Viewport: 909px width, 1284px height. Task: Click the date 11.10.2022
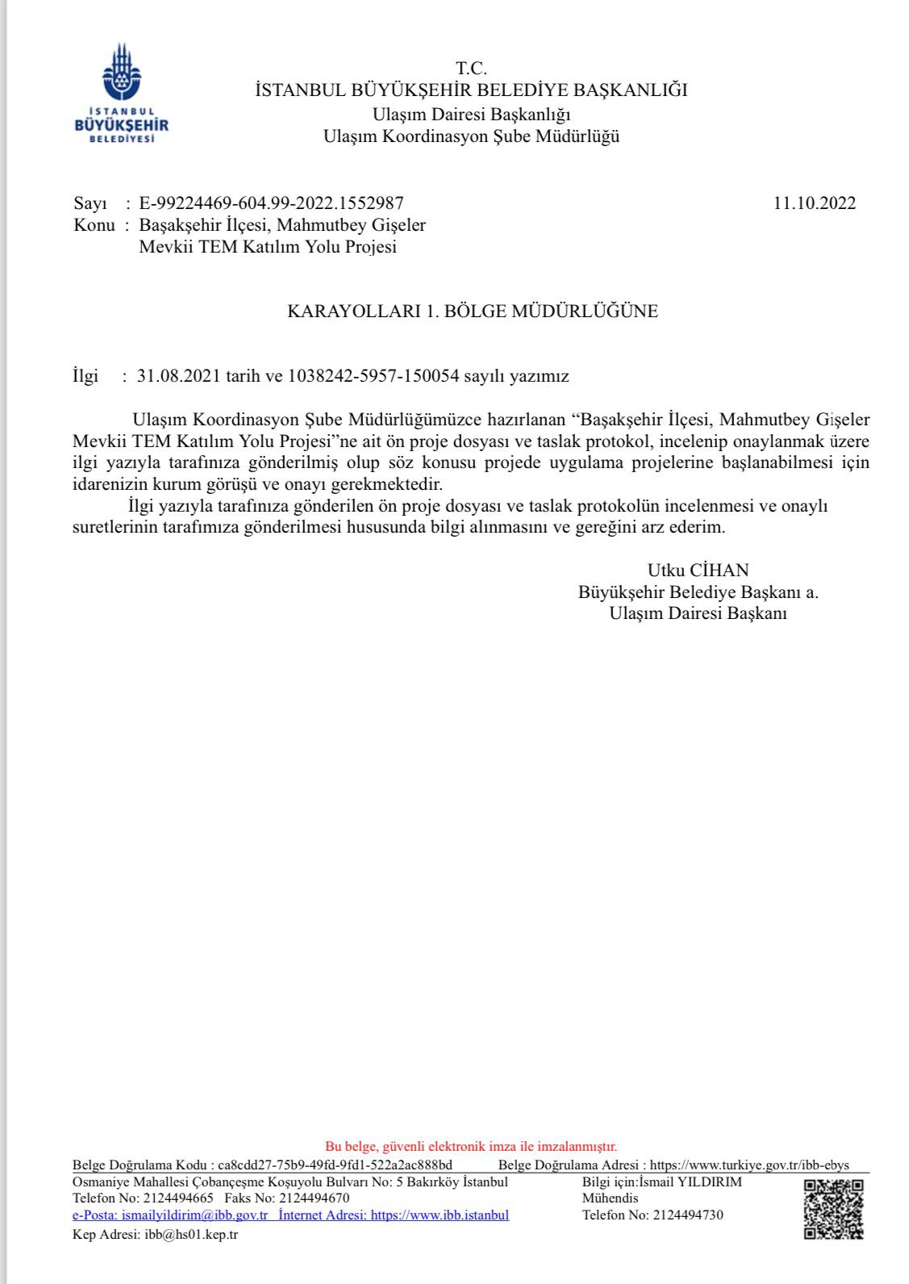tap(815, 203)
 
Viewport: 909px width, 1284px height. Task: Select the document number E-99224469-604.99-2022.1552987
tap(271, 203)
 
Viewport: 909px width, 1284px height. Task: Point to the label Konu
tap(94, 225)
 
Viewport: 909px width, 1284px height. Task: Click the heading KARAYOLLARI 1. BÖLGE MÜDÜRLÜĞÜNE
tap(473, 312)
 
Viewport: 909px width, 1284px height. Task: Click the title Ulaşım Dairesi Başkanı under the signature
tap(698, 613)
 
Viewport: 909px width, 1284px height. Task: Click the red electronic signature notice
tap(471, 1146)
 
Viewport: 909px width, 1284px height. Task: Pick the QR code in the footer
tap(834, 1209)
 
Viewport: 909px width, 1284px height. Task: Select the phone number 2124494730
tap(688, 1215)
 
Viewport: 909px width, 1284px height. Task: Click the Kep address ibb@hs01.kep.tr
tap(191, 1235)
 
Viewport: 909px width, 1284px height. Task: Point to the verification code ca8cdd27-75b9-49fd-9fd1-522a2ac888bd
tap(335, 1165)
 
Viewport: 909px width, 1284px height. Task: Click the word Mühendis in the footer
tap(610, 1198)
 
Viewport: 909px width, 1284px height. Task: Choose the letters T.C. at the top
tap(471, 68)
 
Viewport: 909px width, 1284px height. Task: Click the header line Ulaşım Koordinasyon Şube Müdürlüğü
tap(471, 136)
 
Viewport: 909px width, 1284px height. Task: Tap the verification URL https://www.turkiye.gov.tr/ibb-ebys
tap(748, 1165)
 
